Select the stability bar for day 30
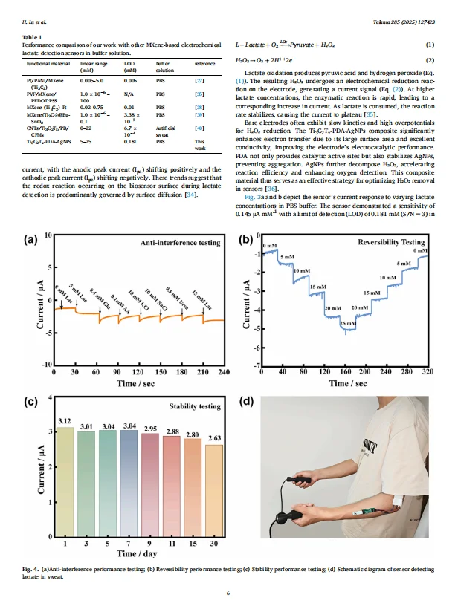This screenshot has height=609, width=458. point(213,490)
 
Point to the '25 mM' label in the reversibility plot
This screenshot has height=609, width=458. point(347,324)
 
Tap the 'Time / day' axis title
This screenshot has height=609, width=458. point(138,553)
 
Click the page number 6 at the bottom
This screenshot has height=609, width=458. point(229,593)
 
